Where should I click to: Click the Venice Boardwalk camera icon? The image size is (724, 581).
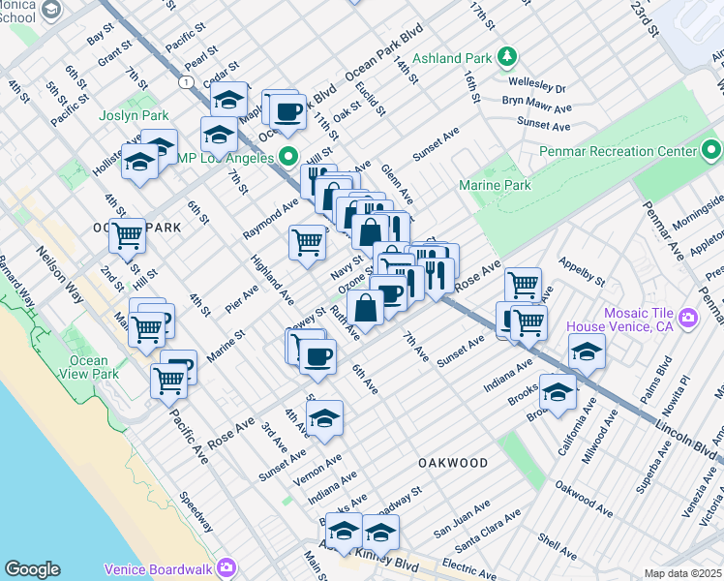[227, 566]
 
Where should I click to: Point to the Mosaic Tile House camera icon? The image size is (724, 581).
[688, 317]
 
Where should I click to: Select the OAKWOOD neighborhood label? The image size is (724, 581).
[453, 463]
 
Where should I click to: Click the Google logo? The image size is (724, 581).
[33, 569]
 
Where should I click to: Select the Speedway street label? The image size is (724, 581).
[197, 511]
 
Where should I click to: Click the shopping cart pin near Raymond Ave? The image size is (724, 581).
[308, 242]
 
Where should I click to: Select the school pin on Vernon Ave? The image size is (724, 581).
[325, 417]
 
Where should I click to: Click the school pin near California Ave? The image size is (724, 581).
[558, 391]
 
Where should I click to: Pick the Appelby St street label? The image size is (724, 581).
[581, 271]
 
